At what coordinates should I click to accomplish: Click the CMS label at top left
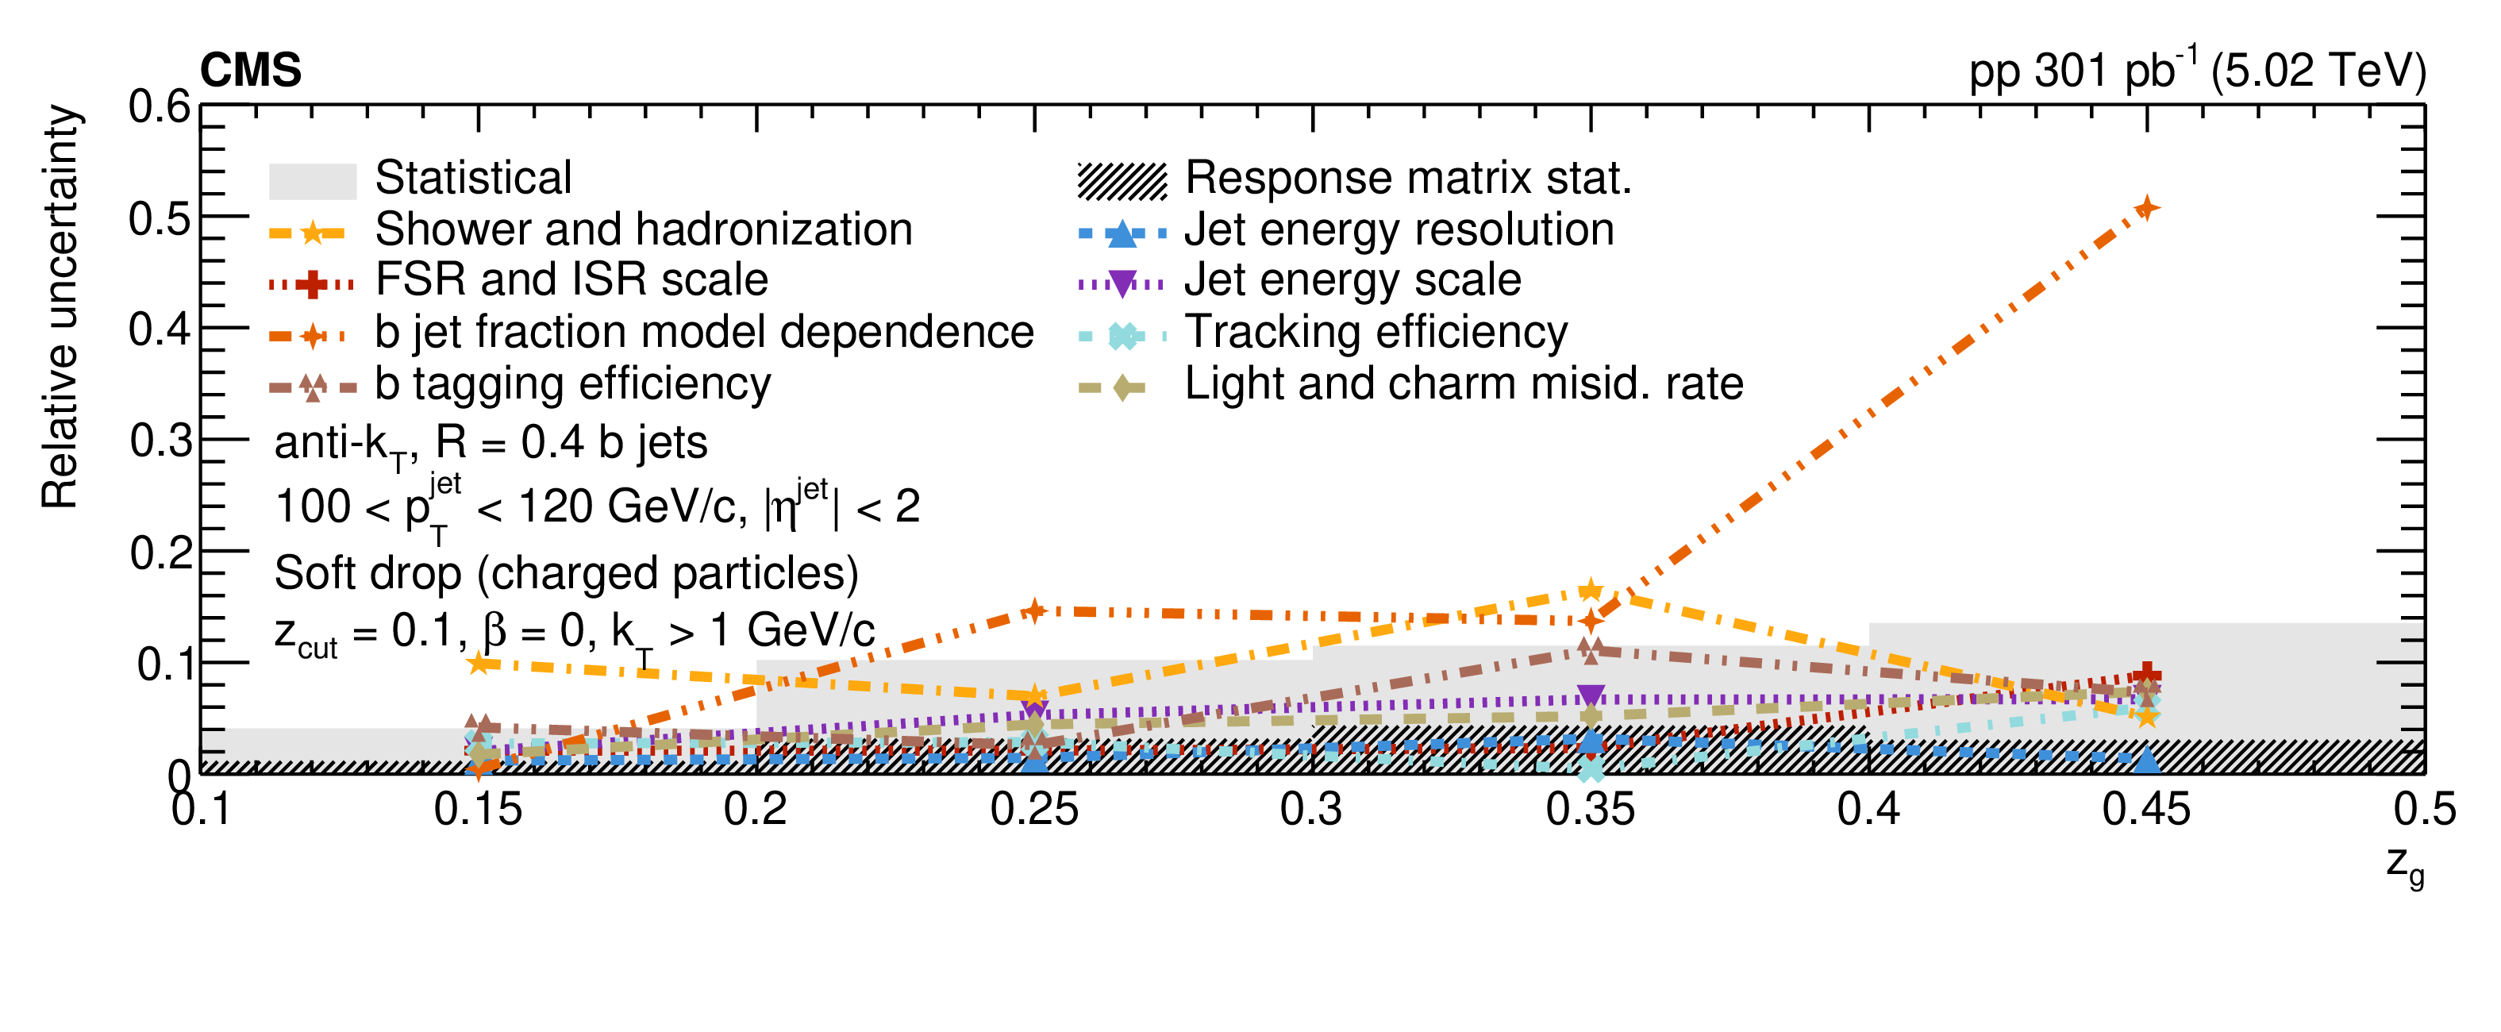tap(251, 70)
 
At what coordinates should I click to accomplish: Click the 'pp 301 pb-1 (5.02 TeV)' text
tap(2196, 70)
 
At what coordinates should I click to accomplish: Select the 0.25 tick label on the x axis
tap(1034, 809)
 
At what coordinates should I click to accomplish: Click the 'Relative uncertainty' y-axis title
tap(60, 306)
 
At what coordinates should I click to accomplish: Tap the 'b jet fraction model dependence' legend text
tap(704, 332)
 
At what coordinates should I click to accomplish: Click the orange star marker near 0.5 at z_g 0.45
tap(2147, 208)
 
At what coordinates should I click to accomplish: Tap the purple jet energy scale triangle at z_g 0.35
tap(1591, 695)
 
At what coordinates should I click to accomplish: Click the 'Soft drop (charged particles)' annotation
tap(566, 573)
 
